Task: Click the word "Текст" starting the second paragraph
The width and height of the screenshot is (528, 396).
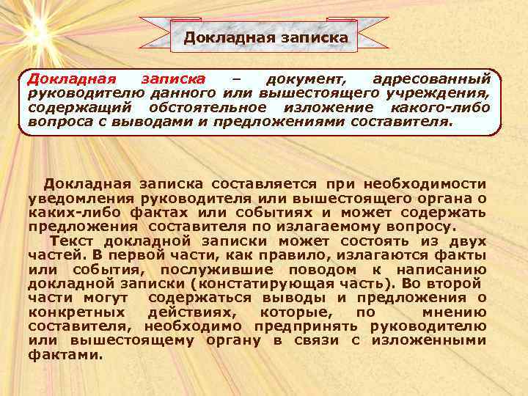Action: tap(72, 241)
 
